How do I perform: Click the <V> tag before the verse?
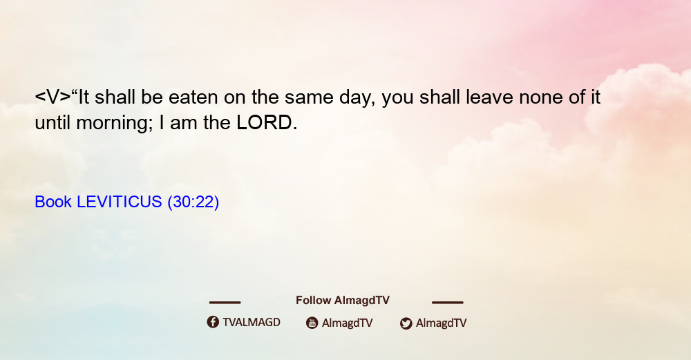pyautogui.click(x=53, y=97)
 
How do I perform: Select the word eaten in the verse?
pyautogui.click(x=193, y=97)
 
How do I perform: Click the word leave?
pyautogui.click(x=489, y=97)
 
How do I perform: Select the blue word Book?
pyautogui.click(x=53, y=202)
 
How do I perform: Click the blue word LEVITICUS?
pyautogui.click(x=120, y=202)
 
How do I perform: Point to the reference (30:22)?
pyautogui.click(x=193, y=202)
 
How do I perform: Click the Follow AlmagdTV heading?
pyautogui.click(x=343, y=300)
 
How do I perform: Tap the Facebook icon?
pyautogui.click(x=213, y=322)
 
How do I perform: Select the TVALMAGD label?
pyautogui.click(x=252, y=323)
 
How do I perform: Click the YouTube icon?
pyautogui.click(x=312, y=323)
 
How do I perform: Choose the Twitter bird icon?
pyautogui.click(x=406, y=323)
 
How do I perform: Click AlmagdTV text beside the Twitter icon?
pyautogui.click(x=441, y=323)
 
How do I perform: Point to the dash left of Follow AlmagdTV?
pyautogui.click(x=225, y=302)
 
